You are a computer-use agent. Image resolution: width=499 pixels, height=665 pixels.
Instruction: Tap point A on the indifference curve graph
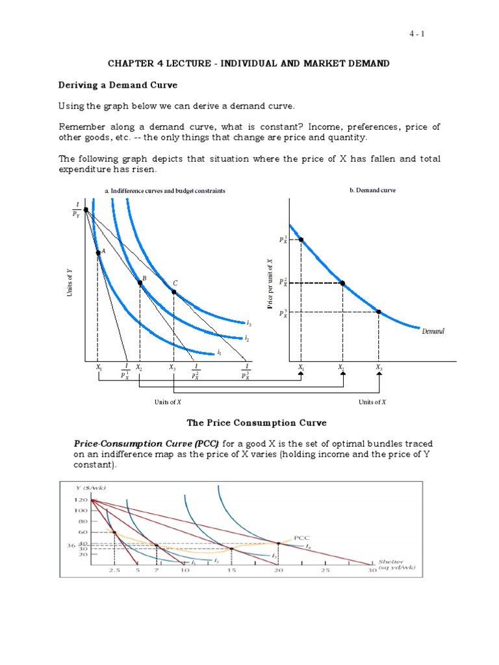[x=97, y=253]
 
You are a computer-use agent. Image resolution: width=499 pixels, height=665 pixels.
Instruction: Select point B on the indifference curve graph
[x=140, y=282]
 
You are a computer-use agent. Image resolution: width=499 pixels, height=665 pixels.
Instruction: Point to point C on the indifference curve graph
[x=173, y=292]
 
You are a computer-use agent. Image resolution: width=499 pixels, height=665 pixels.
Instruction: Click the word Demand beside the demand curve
[x=433, y=331]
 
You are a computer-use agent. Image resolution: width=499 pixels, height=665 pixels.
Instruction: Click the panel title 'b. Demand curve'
[x=372, y=190]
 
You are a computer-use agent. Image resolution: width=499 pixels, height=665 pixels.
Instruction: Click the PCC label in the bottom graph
[x=302, y=538]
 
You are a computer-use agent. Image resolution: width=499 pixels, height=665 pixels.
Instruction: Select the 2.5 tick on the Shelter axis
[x=114, y=570]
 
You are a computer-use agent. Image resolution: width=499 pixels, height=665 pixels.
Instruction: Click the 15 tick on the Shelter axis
[x=232, y=570]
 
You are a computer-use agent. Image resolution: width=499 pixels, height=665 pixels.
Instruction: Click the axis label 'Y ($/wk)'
[x=90, y=488]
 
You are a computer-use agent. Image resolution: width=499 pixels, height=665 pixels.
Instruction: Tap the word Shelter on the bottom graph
[x=392, y=562]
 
